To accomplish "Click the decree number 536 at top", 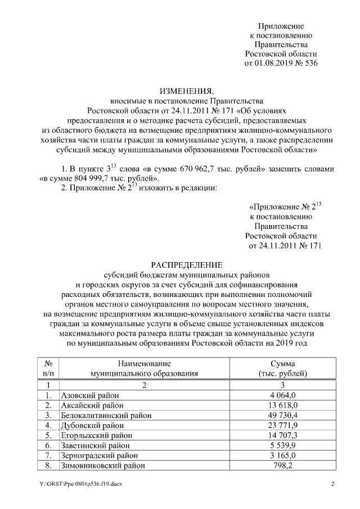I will point(310,63).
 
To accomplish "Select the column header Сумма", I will point(283,364).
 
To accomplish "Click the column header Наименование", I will point(144,364).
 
